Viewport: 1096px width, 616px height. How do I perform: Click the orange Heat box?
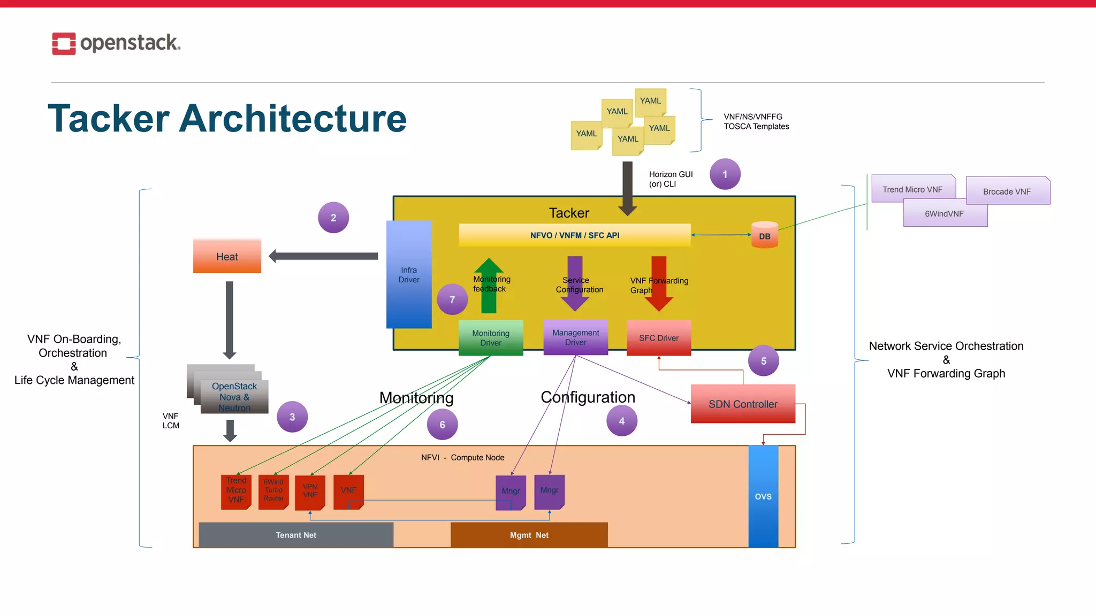point(227,257)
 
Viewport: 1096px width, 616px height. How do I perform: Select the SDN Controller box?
point(743,404)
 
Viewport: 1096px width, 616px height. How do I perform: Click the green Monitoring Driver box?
point(491,338)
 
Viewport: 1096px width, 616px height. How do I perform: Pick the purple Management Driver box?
point(575,337)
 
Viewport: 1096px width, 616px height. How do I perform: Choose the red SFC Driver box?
point(659,338)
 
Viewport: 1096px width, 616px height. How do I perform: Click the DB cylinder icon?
point(764,236)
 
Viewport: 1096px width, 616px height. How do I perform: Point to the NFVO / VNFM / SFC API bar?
point(575,235)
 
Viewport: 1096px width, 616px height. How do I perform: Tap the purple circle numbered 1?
point(725,174)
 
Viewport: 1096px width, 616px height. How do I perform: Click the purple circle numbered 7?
point(452,299)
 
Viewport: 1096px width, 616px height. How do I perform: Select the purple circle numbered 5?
point(763,361)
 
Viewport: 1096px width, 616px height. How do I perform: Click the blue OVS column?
point(763,496)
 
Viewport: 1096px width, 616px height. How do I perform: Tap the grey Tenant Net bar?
point(296,535)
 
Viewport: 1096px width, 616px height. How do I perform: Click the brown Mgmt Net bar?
point(529,535)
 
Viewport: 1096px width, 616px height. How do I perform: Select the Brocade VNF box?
point(1007,191)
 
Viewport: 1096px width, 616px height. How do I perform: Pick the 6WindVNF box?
point(945,214)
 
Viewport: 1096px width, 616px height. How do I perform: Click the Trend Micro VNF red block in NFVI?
point(236,491)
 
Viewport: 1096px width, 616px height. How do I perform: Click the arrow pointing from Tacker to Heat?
point(323,256)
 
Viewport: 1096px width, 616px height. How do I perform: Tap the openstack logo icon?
point(64,44)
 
